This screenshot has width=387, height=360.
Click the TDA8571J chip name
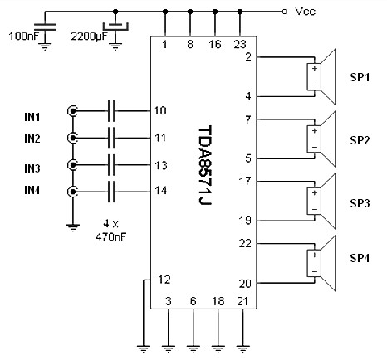(205, 165)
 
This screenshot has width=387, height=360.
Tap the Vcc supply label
(305, 12)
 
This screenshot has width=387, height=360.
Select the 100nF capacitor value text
(23, 36)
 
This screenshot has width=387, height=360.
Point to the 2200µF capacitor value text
(89, 36)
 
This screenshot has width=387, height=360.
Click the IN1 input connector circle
(72, 111)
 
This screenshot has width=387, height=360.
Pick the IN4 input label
(32, 190)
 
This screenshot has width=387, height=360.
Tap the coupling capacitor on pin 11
(111, 138)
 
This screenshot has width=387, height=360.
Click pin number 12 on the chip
(164, 280)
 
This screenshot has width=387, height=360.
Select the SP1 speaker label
(360, 77)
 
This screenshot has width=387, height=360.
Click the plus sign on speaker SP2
(314, 130)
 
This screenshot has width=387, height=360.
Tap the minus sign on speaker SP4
(314, 271)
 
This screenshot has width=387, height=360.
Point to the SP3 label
(360, 203)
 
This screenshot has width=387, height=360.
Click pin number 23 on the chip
(240, 44)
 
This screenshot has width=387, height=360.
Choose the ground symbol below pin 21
(242, 348)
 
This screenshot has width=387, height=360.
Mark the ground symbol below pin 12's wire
(144, 348)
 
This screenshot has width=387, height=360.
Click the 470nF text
(111, 237)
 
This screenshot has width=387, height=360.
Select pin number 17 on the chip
(245, 181)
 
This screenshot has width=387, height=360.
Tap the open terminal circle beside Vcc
(283, 12)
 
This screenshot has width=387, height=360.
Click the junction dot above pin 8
(190, 12)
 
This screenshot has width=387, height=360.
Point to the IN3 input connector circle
(72, 165)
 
